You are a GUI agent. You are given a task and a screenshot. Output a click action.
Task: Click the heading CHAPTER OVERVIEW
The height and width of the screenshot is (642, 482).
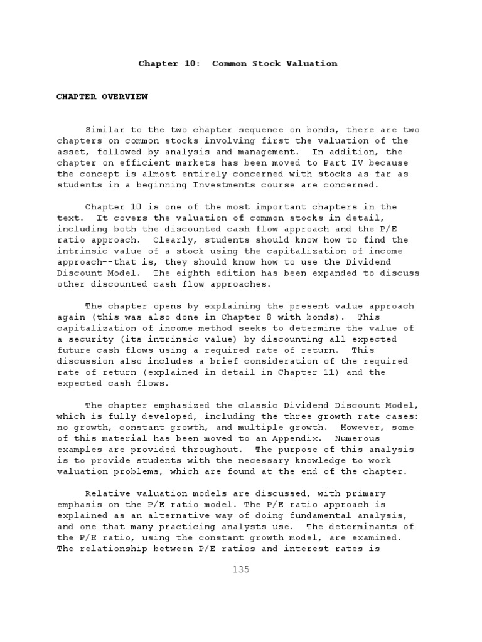pyautogui.click(x=102, y=97)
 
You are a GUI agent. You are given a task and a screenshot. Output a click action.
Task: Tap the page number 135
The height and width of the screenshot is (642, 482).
pyautogui.click(x=240, y=569)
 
